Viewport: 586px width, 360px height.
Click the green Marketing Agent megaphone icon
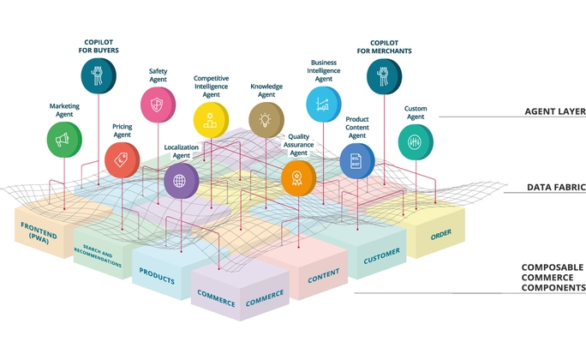(64, 139)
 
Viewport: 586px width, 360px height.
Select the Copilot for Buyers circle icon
(99, 75)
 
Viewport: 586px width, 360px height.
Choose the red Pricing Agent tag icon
(122, 159)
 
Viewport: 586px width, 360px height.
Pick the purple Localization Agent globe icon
(181, 180)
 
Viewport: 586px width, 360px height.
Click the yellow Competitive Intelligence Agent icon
(211, 121)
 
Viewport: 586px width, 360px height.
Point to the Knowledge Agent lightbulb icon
(266, 120)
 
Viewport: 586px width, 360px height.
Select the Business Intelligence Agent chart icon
(323, 104)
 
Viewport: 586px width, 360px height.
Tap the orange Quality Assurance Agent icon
(298, 178)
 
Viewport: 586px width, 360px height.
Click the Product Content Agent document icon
(356, 159)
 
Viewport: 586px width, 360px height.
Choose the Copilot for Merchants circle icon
(384, 75)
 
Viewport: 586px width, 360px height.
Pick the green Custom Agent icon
(416, 141)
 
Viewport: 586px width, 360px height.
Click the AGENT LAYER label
(555, 111)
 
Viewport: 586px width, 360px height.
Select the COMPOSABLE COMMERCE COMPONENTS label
(553, 278)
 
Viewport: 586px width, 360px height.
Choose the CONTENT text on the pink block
(324, 274)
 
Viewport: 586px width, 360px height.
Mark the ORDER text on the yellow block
(441, 232)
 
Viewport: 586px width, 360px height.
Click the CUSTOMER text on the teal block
(382, 255)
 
